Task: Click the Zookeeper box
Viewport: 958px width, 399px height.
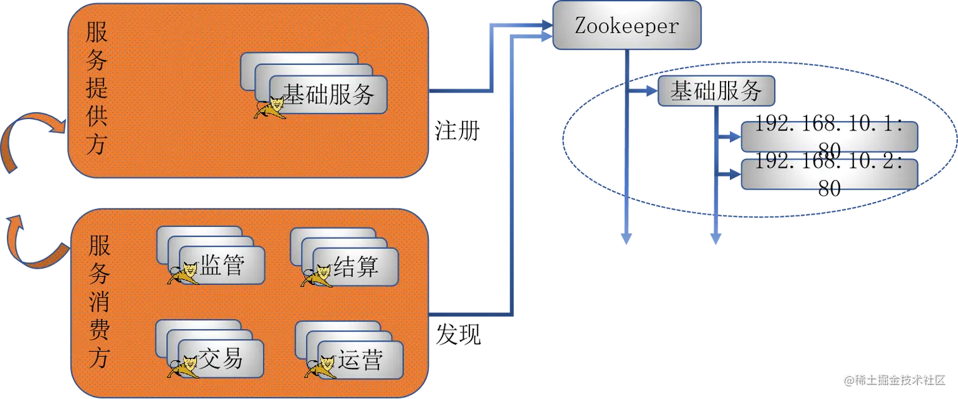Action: (626, 26)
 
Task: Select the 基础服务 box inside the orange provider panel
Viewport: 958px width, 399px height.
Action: (328, 95)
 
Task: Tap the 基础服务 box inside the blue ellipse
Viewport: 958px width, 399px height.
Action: (716, 92)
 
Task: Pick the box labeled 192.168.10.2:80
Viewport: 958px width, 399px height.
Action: (829, 174)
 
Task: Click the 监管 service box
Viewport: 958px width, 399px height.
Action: (222, 266)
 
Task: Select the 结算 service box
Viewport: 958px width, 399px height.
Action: (356, 267)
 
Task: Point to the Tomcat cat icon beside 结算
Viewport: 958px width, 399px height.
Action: (317, 275)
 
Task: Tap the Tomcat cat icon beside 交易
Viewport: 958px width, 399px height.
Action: (184, 366)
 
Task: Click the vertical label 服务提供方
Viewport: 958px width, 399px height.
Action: (97, 89)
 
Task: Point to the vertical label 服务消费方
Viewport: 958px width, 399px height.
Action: (99, 301)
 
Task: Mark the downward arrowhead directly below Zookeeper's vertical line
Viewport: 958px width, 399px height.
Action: (627, 239)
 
